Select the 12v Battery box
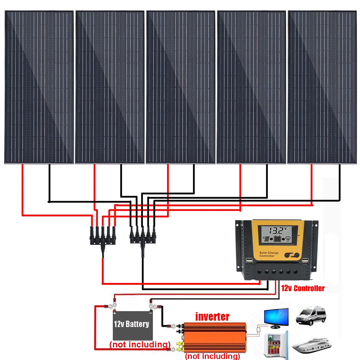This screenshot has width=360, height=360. pos(131,324)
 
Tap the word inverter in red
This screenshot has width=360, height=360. pos(212,317)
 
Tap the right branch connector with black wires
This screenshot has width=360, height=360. pos(143,238)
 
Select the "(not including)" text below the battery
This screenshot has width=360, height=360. pos(140,345)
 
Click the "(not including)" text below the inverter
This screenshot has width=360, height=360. pos(212,356)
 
